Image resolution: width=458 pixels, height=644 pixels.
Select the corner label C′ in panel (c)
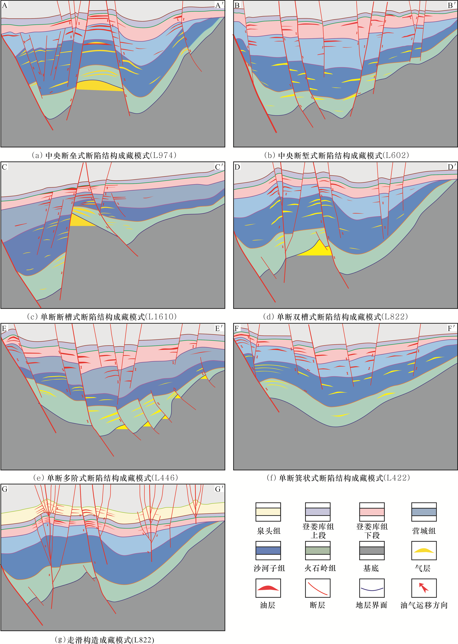[219, 167]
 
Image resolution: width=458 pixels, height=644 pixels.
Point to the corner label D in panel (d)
[237, 167]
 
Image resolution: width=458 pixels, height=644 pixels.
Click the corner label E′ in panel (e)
[219, 328]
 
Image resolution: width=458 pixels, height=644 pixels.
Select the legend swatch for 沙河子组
[268, 550]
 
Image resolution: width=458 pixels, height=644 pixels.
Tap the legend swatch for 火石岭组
[318, 550]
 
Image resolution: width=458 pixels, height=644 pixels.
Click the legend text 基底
[371, 568]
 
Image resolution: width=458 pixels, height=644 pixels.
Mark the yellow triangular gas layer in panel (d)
[317, 250]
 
